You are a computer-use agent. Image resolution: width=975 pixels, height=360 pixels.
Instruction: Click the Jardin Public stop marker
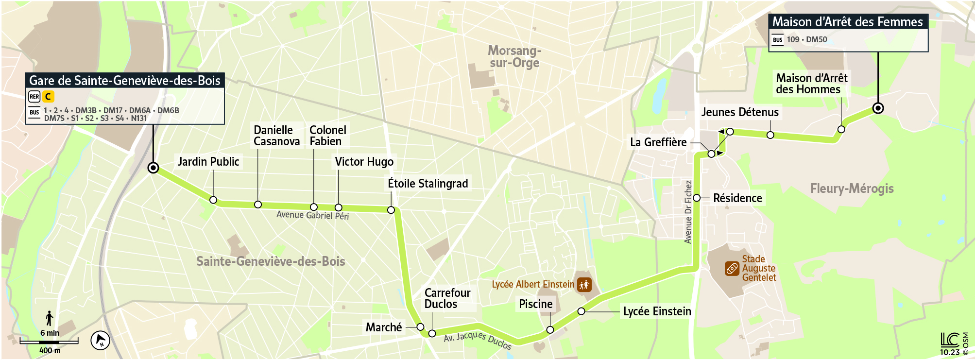213,200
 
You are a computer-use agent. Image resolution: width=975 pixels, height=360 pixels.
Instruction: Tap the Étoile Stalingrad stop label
428,184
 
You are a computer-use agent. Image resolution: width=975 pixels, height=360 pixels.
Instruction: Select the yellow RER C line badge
48,97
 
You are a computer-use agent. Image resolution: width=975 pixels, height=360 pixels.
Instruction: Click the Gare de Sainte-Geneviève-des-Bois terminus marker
153,168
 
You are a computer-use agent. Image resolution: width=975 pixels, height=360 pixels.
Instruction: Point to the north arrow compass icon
101,340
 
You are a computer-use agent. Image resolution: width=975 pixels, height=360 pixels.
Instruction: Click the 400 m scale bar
49,342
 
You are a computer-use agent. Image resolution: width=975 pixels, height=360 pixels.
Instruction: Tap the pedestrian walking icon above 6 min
50,319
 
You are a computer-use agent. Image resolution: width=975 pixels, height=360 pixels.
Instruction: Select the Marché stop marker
421,327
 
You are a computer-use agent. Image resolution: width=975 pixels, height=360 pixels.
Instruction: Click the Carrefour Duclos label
447,298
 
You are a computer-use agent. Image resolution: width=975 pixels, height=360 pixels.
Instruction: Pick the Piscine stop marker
550,330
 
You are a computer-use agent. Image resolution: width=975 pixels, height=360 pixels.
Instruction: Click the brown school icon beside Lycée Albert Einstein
584,285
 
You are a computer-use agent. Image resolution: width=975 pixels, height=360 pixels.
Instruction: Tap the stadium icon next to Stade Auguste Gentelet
732,268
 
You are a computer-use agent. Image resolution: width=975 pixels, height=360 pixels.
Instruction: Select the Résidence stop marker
697,198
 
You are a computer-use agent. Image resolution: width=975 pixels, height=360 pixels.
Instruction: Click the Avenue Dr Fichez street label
688,212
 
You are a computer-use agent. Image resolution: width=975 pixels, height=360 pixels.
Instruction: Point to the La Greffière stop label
658,142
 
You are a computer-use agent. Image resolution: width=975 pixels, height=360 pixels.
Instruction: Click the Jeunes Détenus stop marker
770,135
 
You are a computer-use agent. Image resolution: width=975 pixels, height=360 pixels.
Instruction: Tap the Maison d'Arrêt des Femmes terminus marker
878,108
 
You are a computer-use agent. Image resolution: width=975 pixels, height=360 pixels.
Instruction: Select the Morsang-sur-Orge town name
514,57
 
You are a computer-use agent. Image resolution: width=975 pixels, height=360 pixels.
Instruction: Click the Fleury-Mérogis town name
852,189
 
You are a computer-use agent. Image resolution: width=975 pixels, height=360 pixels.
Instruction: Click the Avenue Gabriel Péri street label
312,215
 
